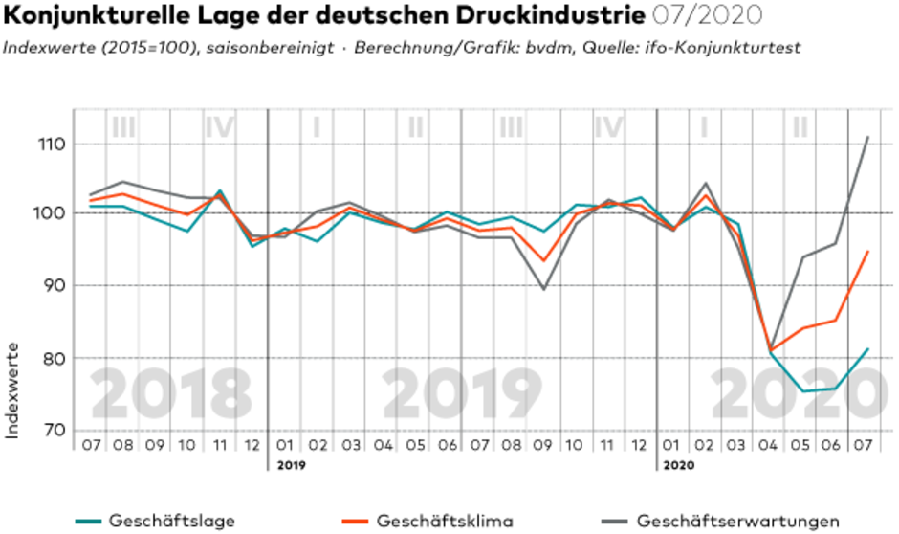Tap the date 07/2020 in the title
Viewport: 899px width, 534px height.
707,16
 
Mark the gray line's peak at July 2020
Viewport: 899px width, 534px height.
867,137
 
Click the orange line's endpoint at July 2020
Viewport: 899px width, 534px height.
867,252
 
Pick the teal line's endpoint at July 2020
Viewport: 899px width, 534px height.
867,349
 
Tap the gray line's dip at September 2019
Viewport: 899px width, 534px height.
544,289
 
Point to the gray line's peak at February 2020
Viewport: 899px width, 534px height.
705,183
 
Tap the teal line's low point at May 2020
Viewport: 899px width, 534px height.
802,390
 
